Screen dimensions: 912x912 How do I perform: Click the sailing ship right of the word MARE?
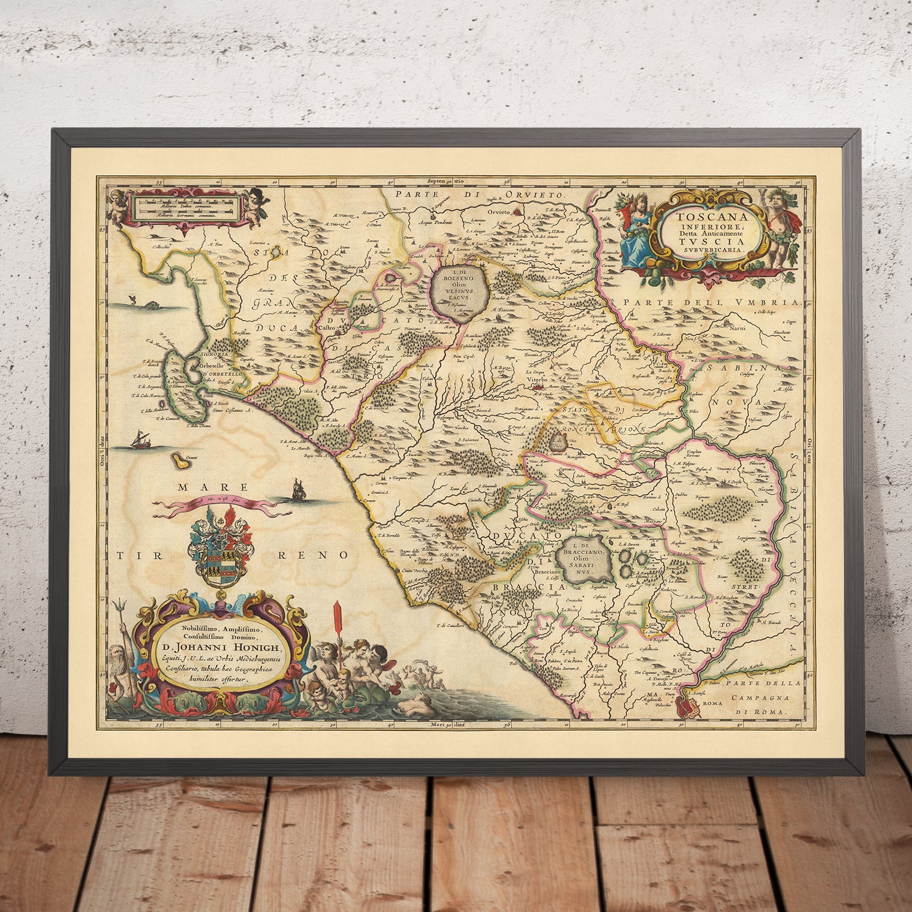point(299,492)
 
